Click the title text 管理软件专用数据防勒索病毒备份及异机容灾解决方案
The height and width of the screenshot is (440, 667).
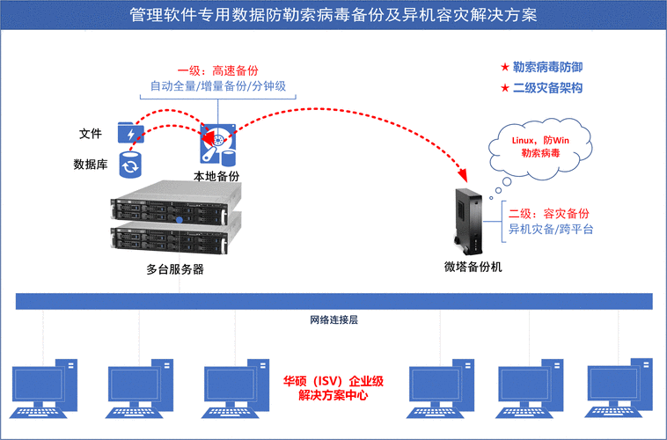(333, 15)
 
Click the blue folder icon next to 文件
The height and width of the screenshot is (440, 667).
(131, 133)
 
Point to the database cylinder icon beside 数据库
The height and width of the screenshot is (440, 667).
(131, 164)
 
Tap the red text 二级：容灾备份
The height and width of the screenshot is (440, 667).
(548, 214)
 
